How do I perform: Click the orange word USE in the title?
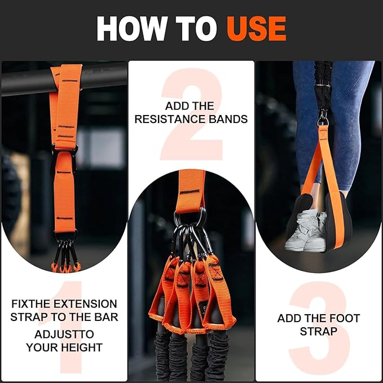256,28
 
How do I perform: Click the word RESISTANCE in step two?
180,119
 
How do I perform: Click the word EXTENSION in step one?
85,304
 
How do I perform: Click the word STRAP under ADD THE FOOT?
318,331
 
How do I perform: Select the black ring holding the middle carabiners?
192,218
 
